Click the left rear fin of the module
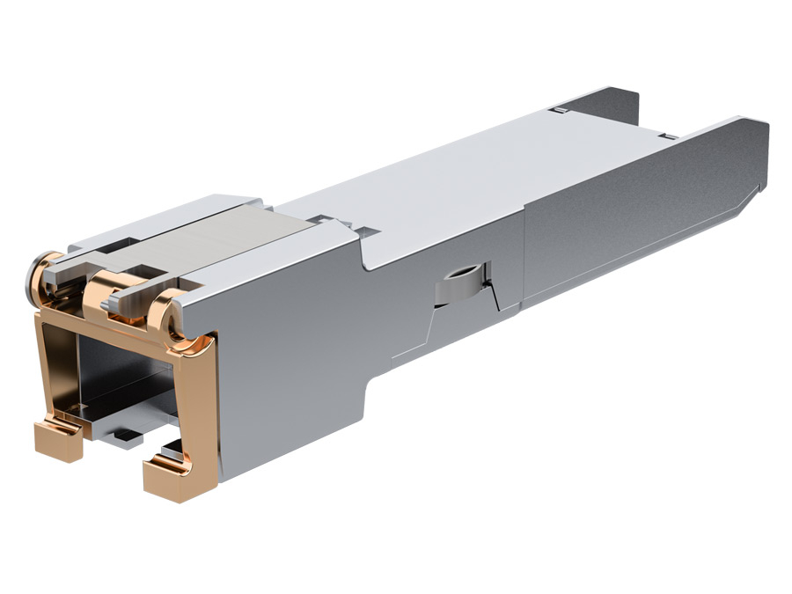coord(616,101)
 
